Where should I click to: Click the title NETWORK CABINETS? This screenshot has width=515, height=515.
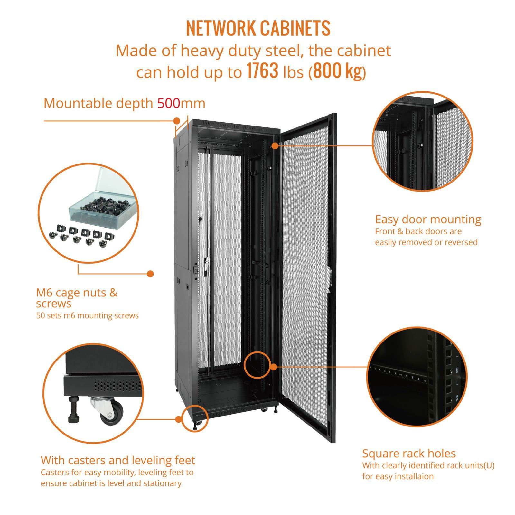(x=258, y=28)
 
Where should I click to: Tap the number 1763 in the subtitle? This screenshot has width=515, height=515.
(x=262, y=71)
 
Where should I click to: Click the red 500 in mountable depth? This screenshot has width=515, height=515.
(x=168, y=103)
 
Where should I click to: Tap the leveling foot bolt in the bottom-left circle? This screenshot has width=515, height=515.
(x=73, y=411)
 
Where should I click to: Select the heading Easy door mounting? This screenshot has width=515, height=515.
(x=428, y=220)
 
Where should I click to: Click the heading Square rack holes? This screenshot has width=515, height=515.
(x=409, y=454)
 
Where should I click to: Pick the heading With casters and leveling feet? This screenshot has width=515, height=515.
(x=118, y=460)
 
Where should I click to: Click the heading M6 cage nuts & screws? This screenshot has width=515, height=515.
(x=77, y=298)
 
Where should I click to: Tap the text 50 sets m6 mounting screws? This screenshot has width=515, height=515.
(x=87, y=315)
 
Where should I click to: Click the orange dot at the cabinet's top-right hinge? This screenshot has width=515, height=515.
(x=275, y=145)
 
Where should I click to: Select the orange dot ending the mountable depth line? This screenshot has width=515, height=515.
(x=177, y=121)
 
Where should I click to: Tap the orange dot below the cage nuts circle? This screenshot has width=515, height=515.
(x=150, y=274)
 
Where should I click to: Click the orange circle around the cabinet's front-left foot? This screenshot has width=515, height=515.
(x=195, y=418)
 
